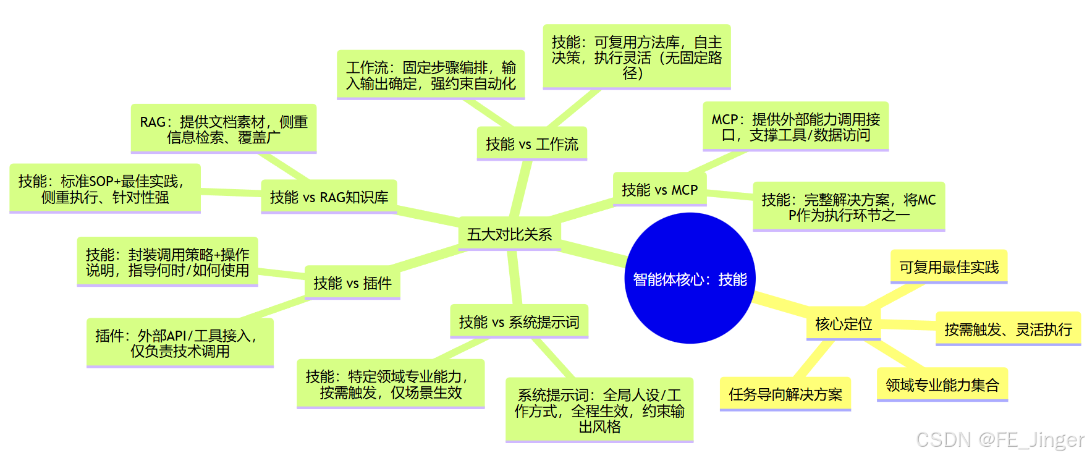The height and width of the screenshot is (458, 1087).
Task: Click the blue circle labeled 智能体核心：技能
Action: (x=690, y=278)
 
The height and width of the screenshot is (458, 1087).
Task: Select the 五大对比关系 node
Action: (x=509, y=234)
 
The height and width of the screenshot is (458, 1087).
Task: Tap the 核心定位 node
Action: (x=844, y=324)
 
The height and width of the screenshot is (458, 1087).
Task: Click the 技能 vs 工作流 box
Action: (x=531, y=144)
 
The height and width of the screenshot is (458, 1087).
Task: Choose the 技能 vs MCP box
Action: (x=659, y=190)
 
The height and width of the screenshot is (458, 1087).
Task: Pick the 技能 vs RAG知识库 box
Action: (x=329, y=197)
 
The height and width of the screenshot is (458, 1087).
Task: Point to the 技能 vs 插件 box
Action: (x=352, y=283)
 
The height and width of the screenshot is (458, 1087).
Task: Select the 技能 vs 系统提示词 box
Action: (x=519, y=322)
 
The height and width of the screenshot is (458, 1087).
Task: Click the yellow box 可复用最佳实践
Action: (x=949, y=267)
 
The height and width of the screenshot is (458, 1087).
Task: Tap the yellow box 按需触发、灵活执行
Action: (x=1008, y=329)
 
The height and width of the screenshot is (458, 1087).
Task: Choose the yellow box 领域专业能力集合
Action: (x=942, y=385)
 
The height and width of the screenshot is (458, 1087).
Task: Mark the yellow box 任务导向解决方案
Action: (x=785, y=394)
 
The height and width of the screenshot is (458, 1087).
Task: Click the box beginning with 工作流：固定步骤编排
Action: (x=431, y=75)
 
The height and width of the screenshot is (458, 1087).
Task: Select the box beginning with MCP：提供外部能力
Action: (x=796, y=127)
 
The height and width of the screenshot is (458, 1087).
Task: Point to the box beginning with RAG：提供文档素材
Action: (x=224, y=129)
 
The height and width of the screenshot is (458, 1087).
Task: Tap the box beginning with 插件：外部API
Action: (x=180, y=343)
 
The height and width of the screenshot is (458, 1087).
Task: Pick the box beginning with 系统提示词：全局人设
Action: (x=599, y=410)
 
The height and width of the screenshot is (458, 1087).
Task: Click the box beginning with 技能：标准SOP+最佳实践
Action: (x=105, y=189)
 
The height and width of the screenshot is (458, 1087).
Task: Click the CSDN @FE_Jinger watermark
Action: (x=999, y=439)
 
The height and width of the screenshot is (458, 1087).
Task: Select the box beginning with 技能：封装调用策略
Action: (x=167, y=262)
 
